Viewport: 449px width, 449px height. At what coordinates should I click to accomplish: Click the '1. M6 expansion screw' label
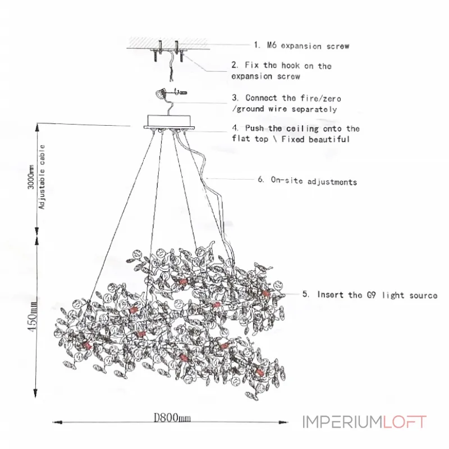coord(301,45)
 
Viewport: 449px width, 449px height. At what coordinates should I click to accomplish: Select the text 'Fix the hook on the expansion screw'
coord(281,71)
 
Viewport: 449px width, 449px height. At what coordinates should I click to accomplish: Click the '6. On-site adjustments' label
coord(306,181)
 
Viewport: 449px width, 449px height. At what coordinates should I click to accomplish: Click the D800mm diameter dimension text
coord(172,418)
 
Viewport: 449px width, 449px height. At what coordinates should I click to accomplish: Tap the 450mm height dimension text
coord(33,315)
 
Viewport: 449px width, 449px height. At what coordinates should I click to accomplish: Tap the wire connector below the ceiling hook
coord(161,91)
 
